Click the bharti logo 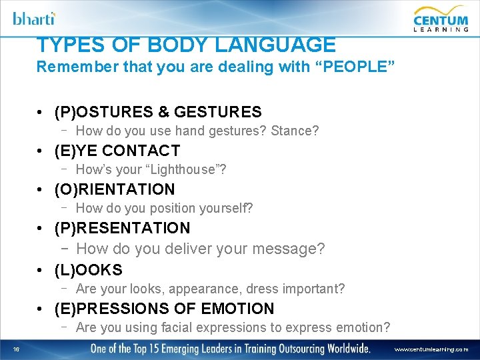tap(34, 18)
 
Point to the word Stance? tap(295, 131)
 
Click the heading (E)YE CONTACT tap(117, 151)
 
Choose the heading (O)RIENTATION tap(115, 189)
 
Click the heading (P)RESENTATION tap(123, 228)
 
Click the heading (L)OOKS tap(89, 270)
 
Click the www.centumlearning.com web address tap(431, 349)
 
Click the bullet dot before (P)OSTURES tap(41, 112)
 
